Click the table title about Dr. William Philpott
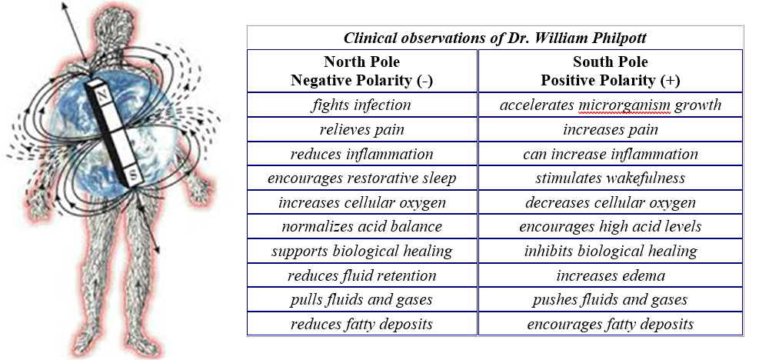pos(494,38)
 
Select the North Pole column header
pos(361,70)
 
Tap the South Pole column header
pos(610,70)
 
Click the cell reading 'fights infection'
pos(361,105)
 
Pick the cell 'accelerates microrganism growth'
pos(610,105)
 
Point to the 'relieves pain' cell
pos(361,129)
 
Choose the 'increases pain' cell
pos(610,129)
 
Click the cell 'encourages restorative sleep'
pos(361,178)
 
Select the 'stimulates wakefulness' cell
pos(610,178)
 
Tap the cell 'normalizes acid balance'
pos(361,226)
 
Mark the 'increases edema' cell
pos(610,275)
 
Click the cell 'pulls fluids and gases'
pos(361,299)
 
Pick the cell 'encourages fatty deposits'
pos(610,324)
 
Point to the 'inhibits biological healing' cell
pos(610,251)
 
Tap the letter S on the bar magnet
pos(131,175)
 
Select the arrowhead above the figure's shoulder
pos(65,6)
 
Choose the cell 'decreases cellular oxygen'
pos(610,202)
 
